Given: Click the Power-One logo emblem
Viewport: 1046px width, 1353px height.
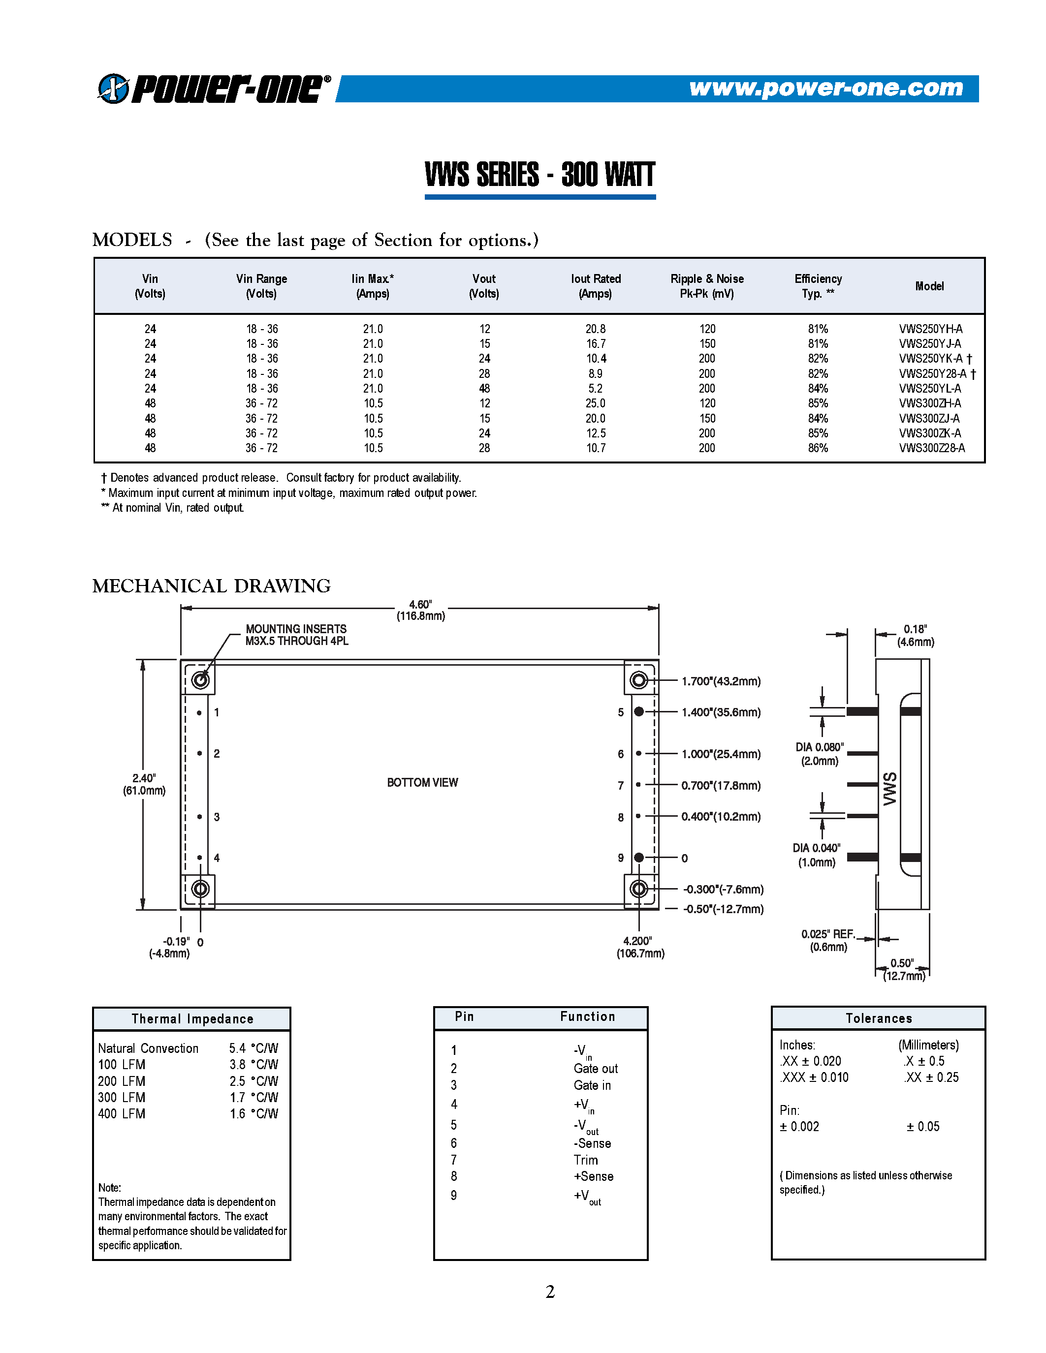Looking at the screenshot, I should [113, 89].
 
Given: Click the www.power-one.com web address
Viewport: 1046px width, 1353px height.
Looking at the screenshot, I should [825, 88].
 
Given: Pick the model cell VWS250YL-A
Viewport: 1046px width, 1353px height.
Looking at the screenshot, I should [929, 388].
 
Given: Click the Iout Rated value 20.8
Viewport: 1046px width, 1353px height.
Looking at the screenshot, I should [596, 329].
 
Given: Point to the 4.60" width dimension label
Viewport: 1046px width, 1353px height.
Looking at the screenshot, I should [421, 610].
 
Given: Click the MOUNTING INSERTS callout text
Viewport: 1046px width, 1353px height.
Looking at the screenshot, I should [296, 634].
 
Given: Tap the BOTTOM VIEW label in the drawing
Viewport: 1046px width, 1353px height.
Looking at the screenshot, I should [422, 782].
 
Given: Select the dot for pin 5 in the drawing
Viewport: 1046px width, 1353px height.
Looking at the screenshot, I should [639, 712].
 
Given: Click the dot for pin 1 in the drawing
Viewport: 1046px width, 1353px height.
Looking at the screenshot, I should [199, 713].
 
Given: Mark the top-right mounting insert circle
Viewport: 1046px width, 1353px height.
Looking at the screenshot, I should [639, 680].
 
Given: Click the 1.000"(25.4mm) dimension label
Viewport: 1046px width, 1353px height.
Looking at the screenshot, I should [721, 754].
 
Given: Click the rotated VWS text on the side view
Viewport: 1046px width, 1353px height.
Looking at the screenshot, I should [890, 789].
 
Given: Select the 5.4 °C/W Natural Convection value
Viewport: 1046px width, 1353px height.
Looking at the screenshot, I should [254, 1048].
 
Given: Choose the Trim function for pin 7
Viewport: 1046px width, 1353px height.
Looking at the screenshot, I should [586, 1160].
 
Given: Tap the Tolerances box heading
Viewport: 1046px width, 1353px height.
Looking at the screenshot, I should [878, 1018].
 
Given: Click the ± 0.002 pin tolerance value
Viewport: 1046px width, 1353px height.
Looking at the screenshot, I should [799, 1126].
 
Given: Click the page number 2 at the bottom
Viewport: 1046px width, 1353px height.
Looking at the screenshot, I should [550, 1291].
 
